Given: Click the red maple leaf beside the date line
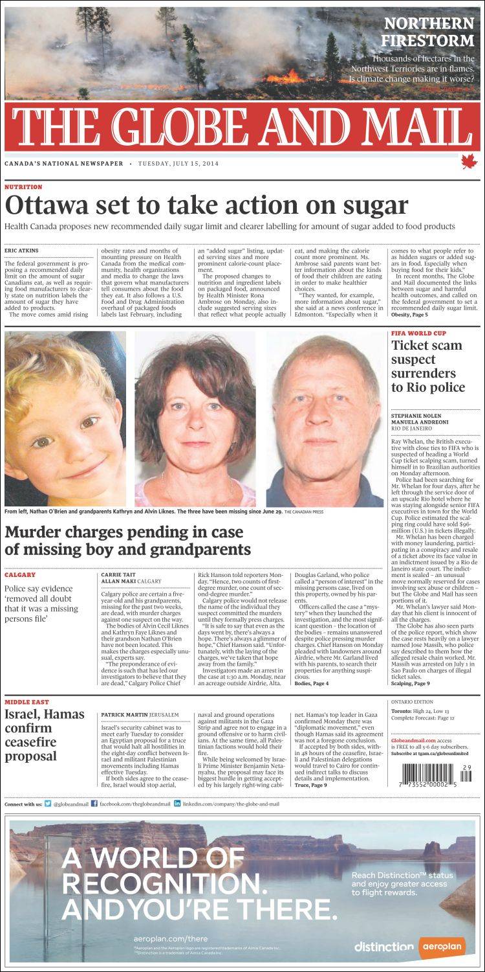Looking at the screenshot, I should (468, 162).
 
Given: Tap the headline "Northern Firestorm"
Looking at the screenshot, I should (429, 32).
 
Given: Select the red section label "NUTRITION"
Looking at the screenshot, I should (23, 187).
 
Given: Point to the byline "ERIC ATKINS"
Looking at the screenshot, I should (21, 251).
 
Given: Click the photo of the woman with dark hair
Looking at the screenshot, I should (195, 419).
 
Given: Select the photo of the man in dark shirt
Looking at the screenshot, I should (325, 419).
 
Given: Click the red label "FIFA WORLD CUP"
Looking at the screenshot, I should (416, 333).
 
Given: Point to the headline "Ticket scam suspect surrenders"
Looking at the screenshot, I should (428, 366).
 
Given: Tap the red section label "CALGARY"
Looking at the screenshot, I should (20, 574).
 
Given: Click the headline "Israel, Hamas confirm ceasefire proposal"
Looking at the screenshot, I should (45, 735).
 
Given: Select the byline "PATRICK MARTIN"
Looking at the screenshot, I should (124, 714).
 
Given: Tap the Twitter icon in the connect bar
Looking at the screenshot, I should (48, 804).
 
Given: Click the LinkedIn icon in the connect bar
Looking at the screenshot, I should (177, 804).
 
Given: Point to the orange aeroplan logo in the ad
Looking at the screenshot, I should (442, 946).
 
